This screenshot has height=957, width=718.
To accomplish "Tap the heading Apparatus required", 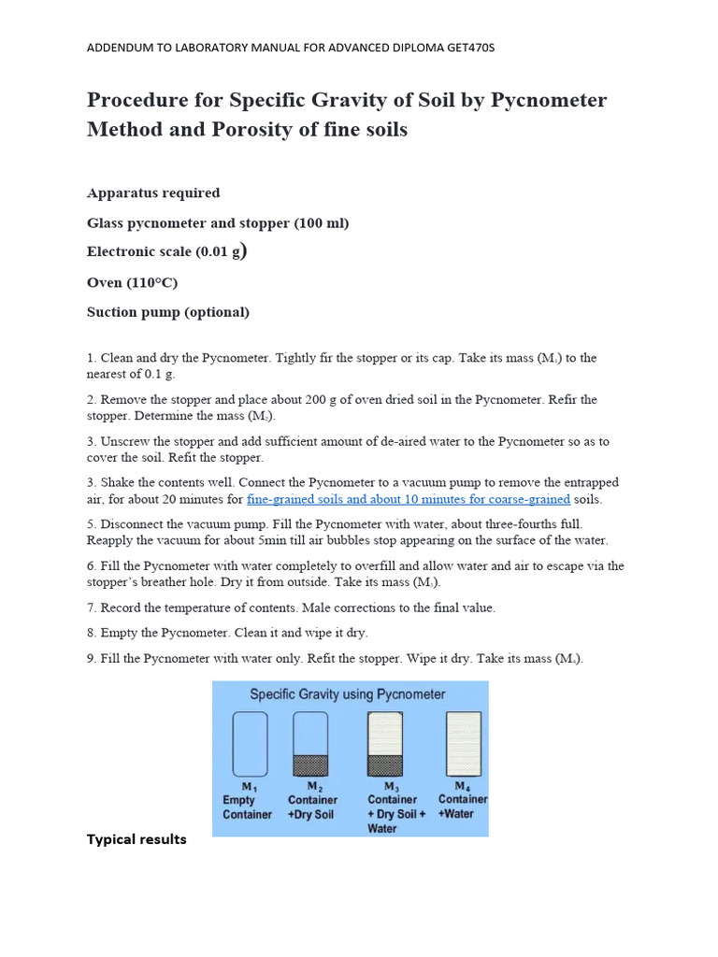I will click(x=153, y=193).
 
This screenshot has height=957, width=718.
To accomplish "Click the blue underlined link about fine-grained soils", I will click(x=408, y=499).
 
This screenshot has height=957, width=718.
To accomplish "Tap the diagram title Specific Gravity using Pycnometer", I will click(x=347, y=694).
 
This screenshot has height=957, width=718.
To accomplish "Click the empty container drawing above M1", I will click(x=250, y=744).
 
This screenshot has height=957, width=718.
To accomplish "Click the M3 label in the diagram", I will click(x=392, y=787).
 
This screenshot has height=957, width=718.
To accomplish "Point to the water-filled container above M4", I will click(x=465, y=744).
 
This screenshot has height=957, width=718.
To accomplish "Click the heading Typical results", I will click(x=136, y=839).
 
